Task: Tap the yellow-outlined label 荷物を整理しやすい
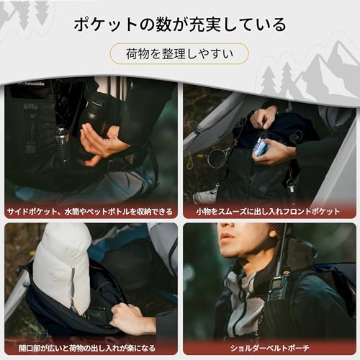(179, 53)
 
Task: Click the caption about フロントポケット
(270, 212)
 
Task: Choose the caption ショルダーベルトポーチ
(270, 348)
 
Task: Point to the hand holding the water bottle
(101, 141)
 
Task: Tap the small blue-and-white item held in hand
(261, 147)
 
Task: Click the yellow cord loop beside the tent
(189, 159)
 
